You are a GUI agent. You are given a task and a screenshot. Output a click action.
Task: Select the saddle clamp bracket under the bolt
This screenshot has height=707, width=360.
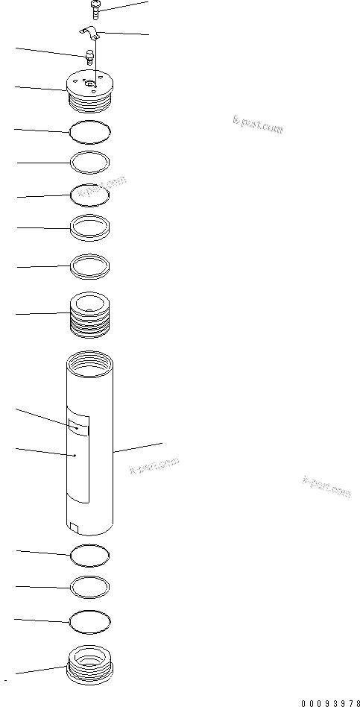pyautogui.click(x=90, y=34)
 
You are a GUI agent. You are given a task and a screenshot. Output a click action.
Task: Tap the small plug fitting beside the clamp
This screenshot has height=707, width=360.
pyautogui.click(x=88, y=56)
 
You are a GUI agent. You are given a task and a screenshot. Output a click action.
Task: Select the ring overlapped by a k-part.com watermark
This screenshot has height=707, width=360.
pyautogui.click(x=89, y=196)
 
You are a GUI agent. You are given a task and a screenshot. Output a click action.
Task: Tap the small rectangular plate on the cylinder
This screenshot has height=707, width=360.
pyautogui.click(x=78, y=427)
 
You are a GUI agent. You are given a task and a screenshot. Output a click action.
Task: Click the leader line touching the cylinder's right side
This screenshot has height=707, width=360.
pyautogui.click(x=138, y=447)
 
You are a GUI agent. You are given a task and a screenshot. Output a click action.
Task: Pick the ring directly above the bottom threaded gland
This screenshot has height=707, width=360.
pyautogui.click(x=89, y=620)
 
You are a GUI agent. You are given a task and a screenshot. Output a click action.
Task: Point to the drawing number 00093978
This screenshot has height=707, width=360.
pyautogui.click(x=331, y=702)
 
